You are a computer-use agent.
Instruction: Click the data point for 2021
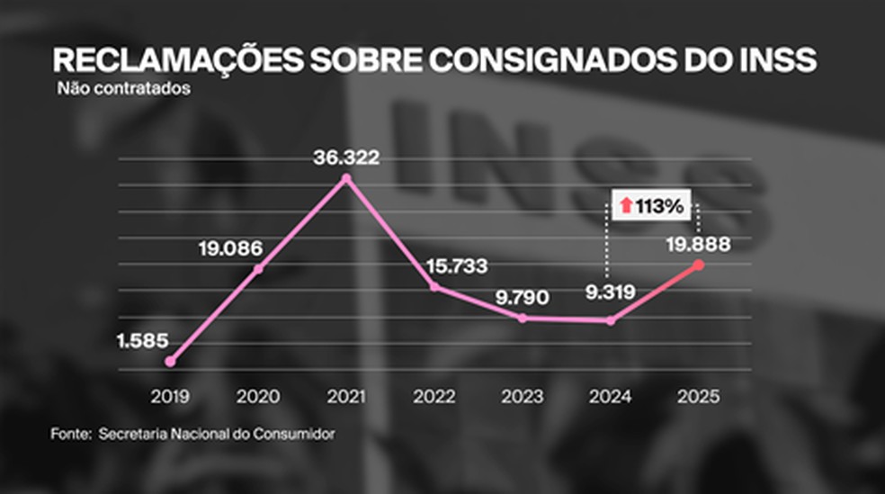pos(347,179)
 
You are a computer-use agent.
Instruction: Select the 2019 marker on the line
pos(170,361)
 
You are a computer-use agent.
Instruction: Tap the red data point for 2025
pos(700,265)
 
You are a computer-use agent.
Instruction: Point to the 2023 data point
pos(523,318)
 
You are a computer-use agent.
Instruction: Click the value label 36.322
pos(347,157)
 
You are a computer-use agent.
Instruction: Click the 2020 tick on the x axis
pos(258,396)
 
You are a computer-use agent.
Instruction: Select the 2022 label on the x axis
pos(434,396)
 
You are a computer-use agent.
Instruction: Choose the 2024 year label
pos(611,396)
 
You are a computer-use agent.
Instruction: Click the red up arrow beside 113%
pos(625,206)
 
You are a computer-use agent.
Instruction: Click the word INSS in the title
pos(775,60)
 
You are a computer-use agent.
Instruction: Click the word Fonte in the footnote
pos(67,434)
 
